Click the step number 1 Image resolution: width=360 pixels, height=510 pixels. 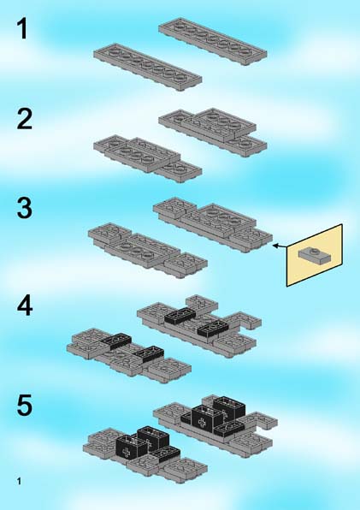(x=22, y=28)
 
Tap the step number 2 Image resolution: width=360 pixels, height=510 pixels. (x=24, y=119)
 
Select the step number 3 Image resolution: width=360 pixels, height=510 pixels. (x=24, y=208)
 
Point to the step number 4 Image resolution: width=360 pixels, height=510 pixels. (x=25, y=305)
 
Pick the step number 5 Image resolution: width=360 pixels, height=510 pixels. (x=25, y=405)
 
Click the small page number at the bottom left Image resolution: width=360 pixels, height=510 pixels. (x=19, y=481)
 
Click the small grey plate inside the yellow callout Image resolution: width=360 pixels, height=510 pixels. (x=315, y=256)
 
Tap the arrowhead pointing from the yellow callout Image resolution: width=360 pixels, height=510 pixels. (x=275, y=246)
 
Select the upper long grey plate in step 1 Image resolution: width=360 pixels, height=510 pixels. (x=213, y=41)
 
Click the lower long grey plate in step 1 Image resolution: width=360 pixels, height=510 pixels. (x=148, y=68)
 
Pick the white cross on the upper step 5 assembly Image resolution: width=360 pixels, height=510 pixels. (x=202, y=423)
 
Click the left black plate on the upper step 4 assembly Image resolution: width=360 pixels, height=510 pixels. (x=180, y=315)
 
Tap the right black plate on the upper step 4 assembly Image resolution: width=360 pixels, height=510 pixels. (x=212, y=328)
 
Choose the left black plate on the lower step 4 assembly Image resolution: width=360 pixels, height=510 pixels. (x=115, y=341)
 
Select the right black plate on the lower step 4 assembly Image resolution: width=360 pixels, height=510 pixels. (x=149, y=354)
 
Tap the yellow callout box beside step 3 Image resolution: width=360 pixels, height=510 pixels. (x=314, y=255)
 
